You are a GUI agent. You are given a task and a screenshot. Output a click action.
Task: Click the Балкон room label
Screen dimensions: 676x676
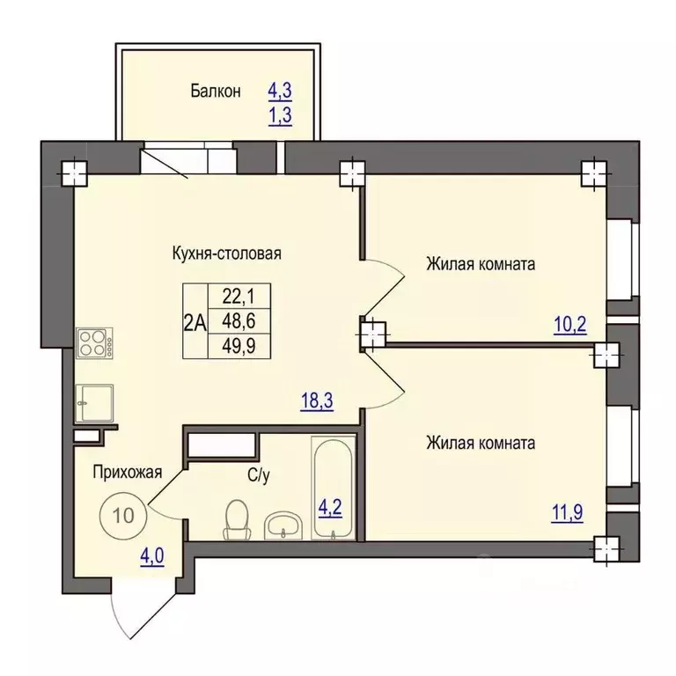tap(216, 92)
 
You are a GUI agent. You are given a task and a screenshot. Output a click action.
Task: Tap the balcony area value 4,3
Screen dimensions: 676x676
tap(280, 91)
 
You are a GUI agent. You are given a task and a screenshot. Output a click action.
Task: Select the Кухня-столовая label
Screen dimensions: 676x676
tap(227, 253)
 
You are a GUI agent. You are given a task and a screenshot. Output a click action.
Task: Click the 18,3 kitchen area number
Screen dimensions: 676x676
tap(317, 401)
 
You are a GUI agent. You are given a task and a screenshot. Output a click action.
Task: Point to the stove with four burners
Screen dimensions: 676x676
tap(94, 342)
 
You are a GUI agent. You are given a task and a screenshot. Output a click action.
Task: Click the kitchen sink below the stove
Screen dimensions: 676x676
tap(94, 403)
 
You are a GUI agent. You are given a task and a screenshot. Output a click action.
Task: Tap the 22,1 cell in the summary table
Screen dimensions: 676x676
tap(239, 296)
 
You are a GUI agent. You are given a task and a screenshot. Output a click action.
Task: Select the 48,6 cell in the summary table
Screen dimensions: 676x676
tap(239, 321)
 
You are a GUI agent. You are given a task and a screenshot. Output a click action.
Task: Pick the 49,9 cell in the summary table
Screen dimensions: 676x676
tap(239, 346)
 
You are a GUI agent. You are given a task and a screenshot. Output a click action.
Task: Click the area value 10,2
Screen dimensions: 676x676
tap(570, 325)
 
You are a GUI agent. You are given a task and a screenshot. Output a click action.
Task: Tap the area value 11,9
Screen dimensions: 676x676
tap(568, 512)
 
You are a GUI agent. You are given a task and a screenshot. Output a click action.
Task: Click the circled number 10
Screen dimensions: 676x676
tap(123, 515)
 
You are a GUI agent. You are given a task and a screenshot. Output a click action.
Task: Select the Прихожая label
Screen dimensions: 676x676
tap(128, 473)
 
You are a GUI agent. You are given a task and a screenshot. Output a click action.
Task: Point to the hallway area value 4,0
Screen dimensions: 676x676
tap(152, 556)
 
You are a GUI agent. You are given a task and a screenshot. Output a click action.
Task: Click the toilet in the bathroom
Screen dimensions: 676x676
tap(238, 519)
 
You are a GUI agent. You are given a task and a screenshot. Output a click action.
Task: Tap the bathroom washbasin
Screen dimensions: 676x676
tap(283, 525)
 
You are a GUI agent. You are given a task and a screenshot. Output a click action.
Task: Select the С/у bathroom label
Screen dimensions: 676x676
tap(259, 475)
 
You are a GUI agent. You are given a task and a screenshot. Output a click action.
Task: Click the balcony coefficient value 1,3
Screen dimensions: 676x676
tap(280, 115)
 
